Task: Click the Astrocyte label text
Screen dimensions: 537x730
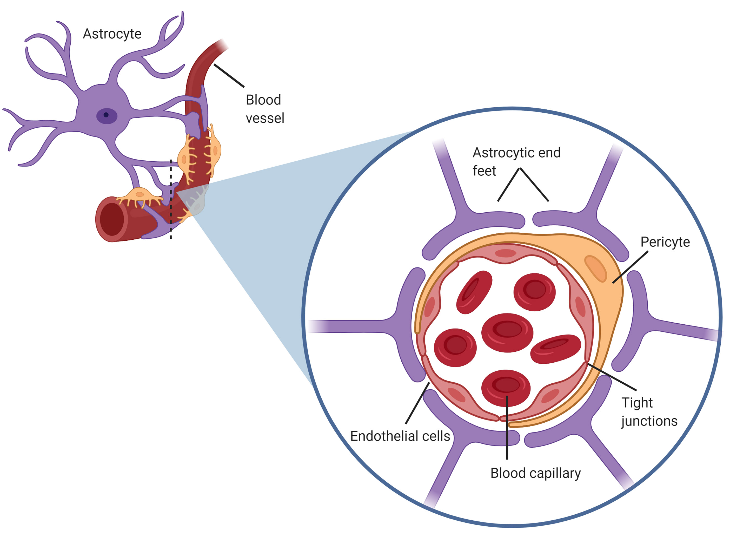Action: coord(112,34)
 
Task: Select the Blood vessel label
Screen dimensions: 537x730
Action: coord(265,109)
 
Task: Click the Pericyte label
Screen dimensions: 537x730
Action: coord(665,242)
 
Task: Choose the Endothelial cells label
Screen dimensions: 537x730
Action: coord(400,436)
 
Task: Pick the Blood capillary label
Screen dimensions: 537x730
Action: coord(535,473)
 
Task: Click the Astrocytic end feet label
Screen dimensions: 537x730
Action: coord(516,162)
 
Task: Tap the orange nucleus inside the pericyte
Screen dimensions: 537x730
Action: coord(595,268)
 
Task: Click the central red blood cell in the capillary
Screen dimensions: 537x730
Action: coord(507,332)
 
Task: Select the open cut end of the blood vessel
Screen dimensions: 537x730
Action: coord(112,219)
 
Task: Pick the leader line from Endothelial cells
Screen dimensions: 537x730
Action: coord(417,403)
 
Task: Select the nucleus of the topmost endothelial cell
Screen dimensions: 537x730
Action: coord(506,253)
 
